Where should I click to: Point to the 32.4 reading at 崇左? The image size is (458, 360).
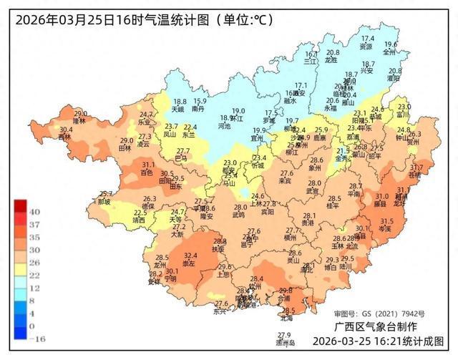coord(190,256)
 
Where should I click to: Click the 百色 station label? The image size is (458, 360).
coord(147,172)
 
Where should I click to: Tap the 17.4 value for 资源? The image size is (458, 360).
coord(367,39)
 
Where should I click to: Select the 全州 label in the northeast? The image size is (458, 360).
coord(389,52)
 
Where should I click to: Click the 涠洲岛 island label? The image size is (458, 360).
coord(285,343)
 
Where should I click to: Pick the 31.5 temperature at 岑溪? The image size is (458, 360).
coord(386,221)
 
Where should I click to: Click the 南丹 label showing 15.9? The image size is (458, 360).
coord(199,109)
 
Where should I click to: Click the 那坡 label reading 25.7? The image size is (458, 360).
coord(105,202)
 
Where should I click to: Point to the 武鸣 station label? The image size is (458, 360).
coord(239,214)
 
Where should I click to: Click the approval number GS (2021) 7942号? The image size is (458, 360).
coord(379,313)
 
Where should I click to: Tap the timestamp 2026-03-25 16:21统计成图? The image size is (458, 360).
coord(378,341)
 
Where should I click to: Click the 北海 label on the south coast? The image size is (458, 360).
coord(288,318)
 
